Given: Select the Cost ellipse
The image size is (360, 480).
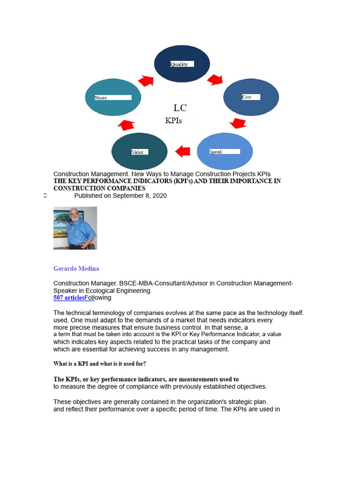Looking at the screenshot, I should point(251,97).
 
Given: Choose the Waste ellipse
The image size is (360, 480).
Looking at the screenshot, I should point(113,97).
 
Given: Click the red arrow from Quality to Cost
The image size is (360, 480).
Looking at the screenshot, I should point(215,79).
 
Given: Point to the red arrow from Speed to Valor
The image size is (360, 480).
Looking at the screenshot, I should point(182,151).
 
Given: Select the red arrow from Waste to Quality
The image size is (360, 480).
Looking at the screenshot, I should point(146,81).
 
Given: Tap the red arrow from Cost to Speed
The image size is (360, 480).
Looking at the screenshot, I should point(239,123).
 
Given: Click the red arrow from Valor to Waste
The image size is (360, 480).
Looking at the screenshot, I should point(126,125).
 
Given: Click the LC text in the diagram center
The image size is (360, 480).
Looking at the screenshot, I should point(180,108).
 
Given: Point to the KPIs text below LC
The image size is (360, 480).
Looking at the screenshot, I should point(173,121).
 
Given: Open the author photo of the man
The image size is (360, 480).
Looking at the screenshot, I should point(75,228).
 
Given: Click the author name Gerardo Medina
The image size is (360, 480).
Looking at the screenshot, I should point(76,269).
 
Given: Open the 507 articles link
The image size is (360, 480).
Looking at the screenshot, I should point(69,298).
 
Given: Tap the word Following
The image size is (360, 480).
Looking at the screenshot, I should point(98,298).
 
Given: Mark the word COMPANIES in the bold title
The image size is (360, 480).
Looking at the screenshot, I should point(119,188).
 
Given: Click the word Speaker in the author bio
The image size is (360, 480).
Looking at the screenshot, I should point(66,291).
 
